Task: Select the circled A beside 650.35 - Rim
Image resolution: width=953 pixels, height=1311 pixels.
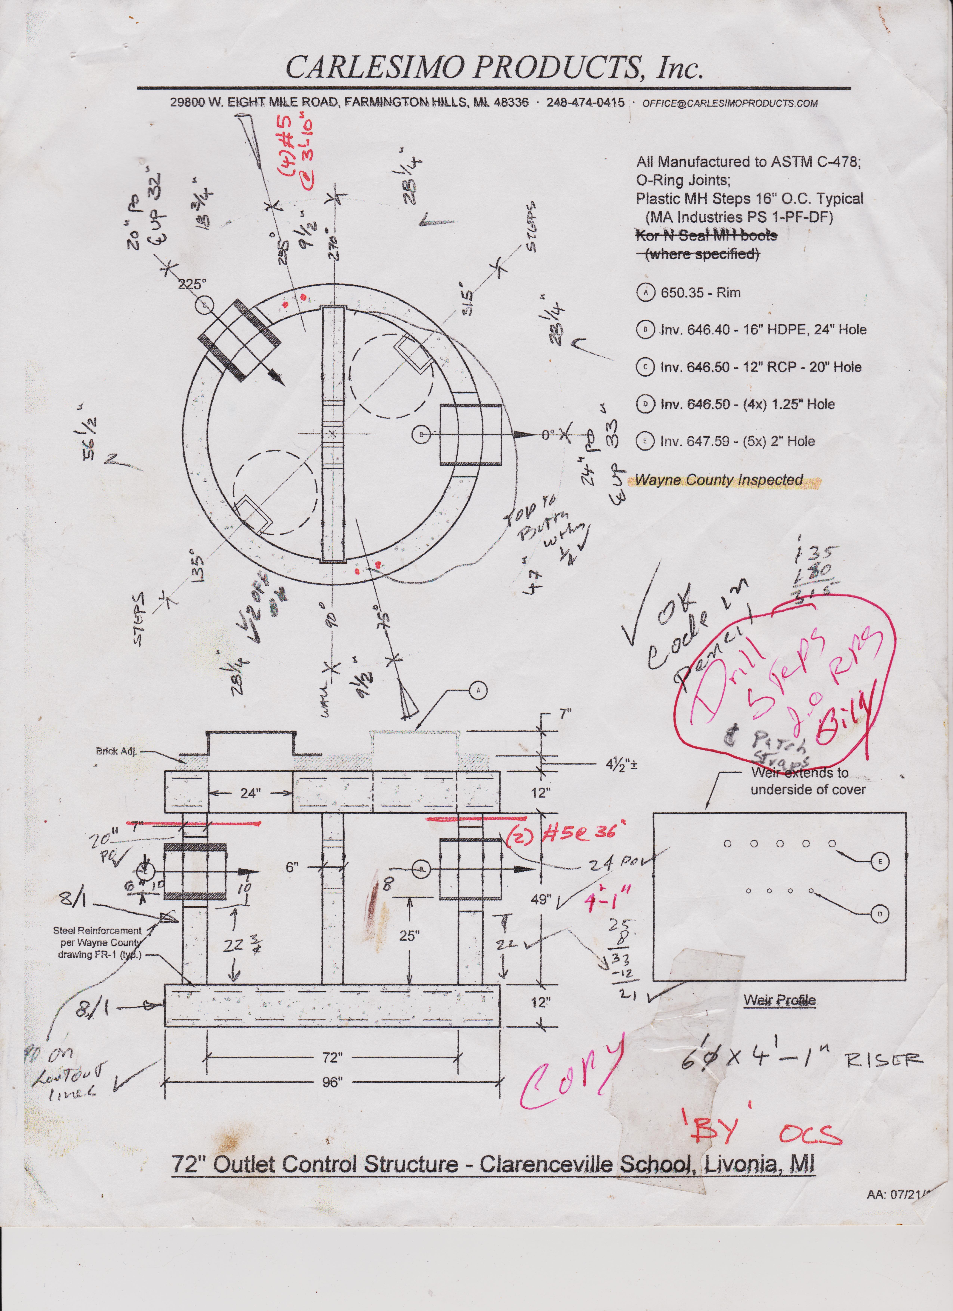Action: pyautogui.click(x=645, y=293)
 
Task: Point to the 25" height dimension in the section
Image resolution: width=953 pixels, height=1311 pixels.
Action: pyautogui.click(x=409, y=935)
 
